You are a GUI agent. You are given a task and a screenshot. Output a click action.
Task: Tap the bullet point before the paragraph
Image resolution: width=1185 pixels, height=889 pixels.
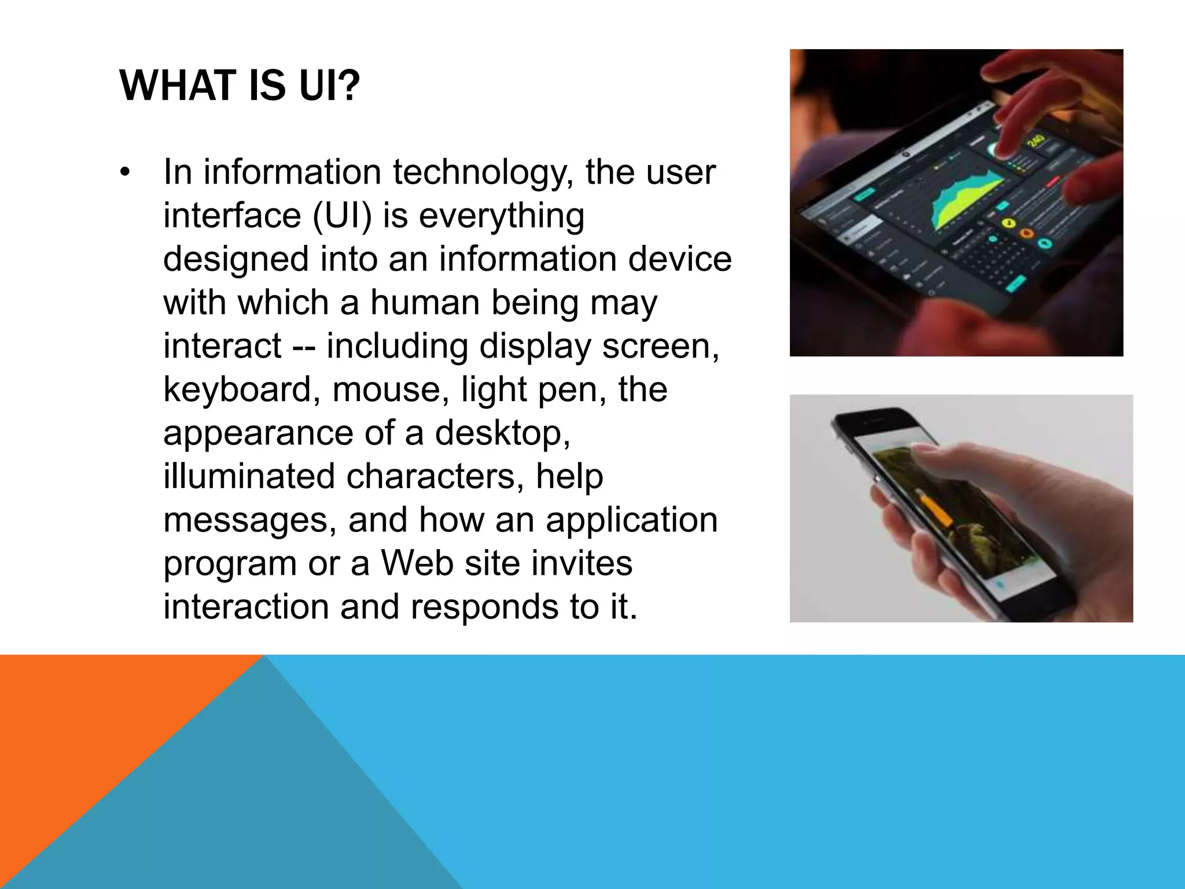pyautogui.click(x=125, y=172)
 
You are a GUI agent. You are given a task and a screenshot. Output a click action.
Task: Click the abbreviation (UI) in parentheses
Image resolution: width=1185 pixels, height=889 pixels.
pyautogui.click(x=342, y=216)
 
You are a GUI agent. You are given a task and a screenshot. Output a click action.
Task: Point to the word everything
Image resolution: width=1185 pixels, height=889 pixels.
pyautogui.click(x=501, y=216)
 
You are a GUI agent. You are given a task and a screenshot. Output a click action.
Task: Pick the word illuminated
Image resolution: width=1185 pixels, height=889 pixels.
pyautogui.click(x=249, y=476)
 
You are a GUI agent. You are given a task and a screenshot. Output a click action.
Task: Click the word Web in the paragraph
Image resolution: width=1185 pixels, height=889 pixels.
pyautogui.click(x=417, y=563)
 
